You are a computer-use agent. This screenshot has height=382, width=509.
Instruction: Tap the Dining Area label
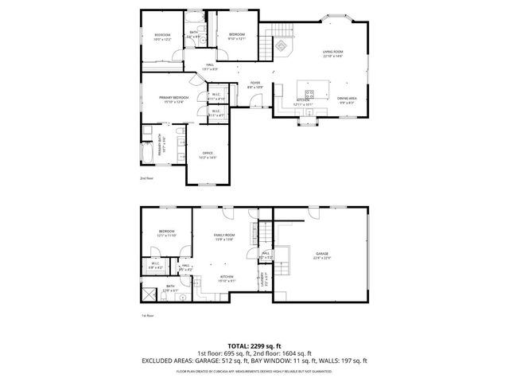click(347, 100)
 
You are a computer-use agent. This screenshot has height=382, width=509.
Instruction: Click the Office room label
click(208, 154)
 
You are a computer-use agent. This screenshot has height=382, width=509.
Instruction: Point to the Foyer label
click(255, 84)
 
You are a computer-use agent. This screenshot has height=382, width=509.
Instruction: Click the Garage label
click(321, 255)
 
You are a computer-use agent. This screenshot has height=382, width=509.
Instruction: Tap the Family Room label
click(223, 236)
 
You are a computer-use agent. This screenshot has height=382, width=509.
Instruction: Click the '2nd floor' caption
click(146, 178)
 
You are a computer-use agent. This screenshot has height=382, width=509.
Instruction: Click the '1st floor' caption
click(146, 316)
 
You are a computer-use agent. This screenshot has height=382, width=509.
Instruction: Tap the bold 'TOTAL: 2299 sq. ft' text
click(254, 346)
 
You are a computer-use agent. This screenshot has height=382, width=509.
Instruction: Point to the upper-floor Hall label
click(210, 67)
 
